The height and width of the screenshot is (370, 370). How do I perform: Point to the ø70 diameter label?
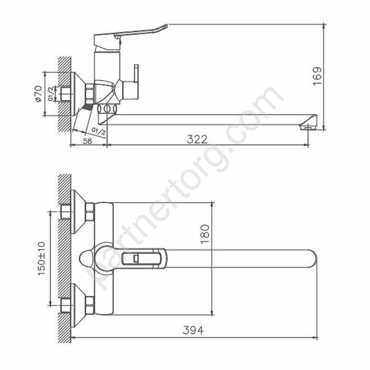[x=38, y=94]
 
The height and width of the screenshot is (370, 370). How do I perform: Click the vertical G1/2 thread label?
[x=51, y=95]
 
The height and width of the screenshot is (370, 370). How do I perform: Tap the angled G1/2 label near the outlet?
[x=99, y=128]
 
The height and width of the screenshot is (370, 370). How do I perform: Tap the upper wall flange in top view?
[x=82, y=212]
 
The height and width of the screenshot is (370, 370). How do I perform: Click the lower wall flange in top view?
[x=82, y=305]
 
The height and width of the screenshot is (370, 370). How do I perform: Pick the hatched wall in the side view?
[x=64, y=95]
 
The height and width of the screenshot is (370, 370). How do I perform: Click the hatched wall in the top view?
[x=64, y=254]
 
